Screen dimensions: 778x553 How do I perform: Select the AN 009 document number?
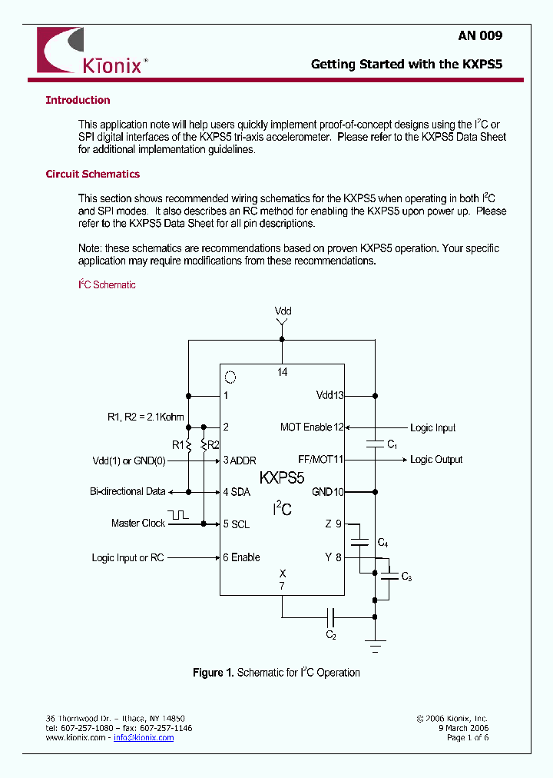coord(480,35)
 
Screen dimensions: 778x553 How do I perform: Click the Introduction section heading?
coord(78,100)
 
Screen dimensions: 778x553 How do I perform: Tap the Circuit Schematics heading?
coord(92,174)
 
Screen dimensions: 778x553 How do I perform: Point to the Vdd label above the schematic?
coord(283,311)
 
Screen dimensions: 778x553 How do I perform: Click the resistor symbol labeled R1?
coord(188,445)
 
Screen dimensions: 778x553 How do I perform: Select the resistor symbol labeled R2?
coord(204,445)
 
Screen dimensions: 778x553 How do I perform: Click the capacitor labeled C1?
coord(375,444)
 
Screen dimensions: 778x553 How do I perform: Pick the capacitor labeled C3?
coord(390,574)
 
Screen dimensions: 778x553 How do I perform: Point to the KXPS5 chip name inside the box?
coord(282,477)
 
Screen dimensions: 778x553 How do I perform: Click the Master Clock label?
coord(138,524)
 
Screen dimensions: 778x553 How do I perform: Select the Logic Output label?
coord(436,460)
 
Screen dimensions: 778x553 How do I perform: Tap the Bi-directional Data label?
coord(127,491)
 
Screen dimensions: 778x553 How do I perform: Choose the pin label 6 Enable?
coord(241,557)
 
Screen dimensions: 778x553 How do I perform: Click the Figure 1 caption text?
coord(276,673)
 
